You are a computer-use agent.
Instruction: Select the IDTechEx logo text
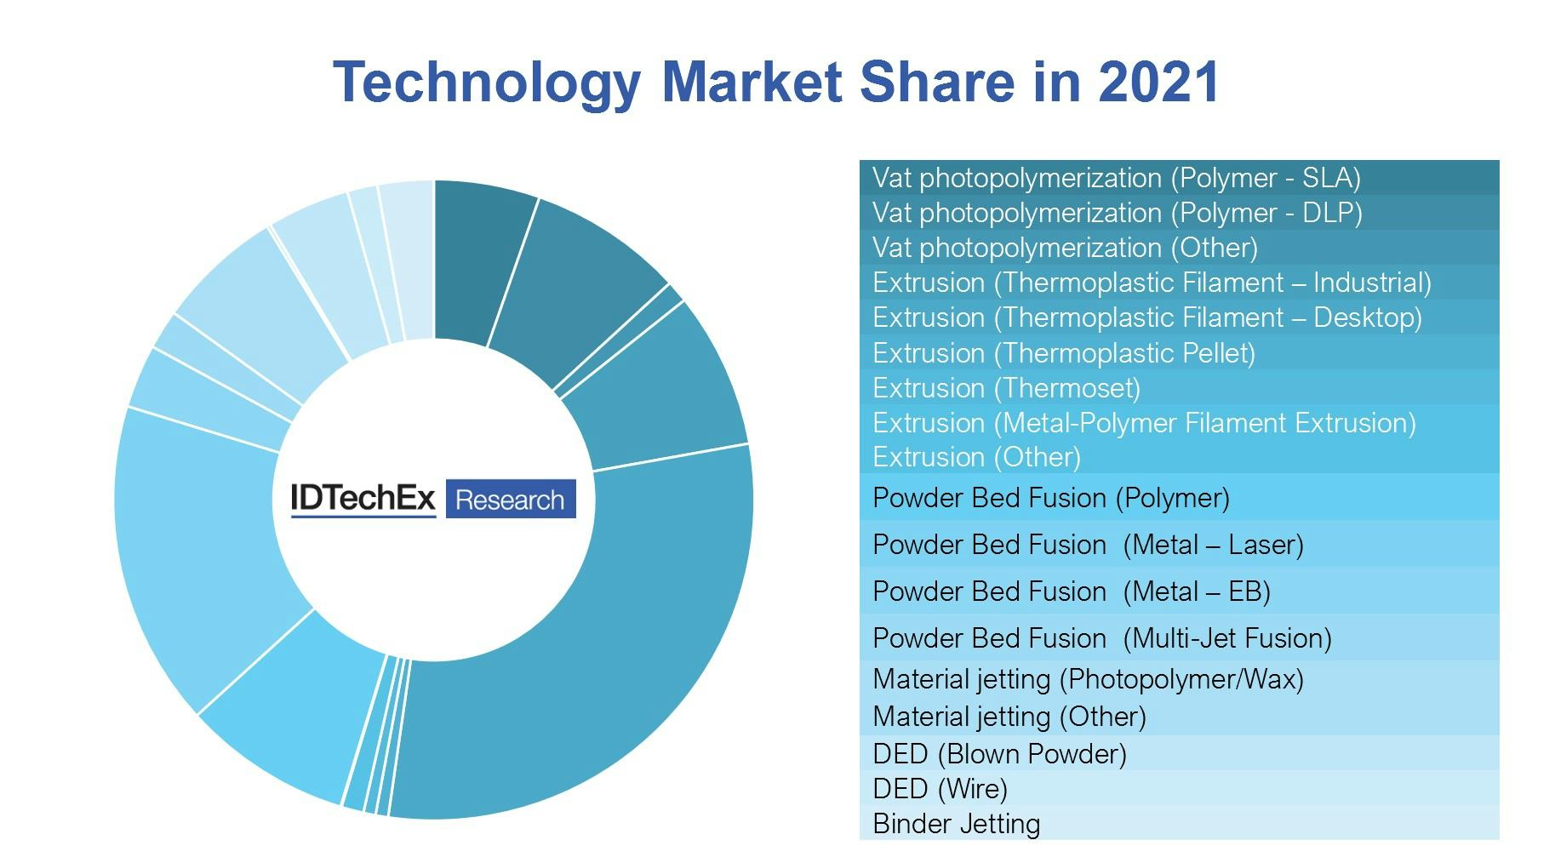[363, 499]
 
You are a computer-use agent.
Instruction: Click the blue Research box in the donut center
[510, 499]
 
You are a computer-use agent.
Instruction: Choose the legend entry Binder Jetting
[956, 824]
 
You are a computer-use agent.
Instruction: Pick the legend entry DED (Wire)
[940, 789]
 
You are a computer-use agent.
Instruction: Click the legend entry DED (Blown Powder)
[999, 754]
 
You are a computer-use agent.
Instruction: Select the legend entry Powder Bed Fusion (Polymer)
[1050, 498]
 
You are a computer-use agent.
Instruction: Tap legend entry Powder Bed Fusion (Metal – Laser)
[1088, 545]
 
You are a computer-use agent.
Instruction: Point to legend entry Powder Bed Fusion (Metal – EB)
[1071, 591]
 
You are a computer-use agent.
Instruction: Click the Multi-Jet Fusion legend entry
[1101, 638]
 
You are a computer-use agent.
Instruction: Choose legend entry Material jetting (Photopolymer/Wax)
[1088, 679]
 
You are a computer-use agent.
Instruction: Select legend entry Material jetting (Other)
[1009, 717]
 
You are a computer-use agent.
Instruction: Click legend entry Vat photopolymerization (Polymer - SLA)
[1116, 178]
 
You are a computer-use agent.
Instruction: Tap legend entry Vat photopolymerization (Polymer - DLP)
[1117, 213]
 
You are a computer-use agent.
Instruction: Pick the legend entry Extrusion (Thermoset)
[1006, 388]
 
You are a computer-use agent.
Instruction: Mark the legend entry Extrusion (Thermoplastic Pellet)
[1063, 353]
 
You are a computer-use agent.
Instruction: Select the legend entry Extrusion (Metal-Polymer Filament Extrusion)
[1143, 423]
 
